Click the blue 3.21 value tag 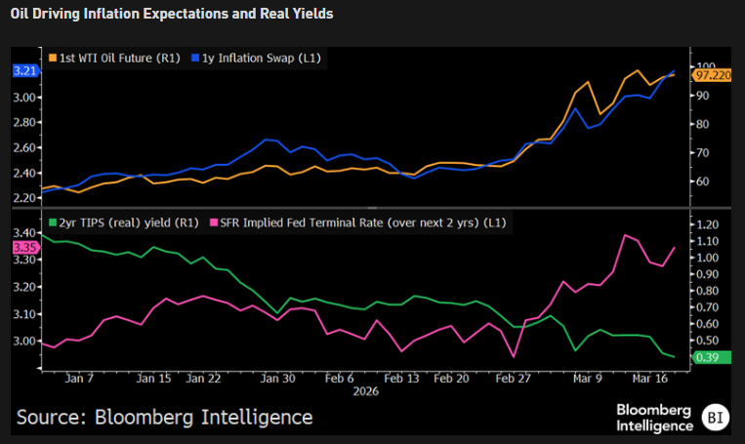(23, 71)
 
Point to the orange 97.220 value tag (711, 75)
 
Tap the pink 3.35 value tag (23, 248)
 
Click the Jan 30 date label (279, 379)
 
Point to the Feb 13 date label (400, 379)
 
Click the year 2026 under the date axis (364, 390)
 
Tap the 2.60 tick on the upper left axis (24, 147)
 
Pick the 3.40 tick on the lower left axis (24, 231)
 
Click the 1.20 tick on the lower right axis (706, 224)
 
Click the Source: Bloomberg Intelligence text (164, 417)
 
